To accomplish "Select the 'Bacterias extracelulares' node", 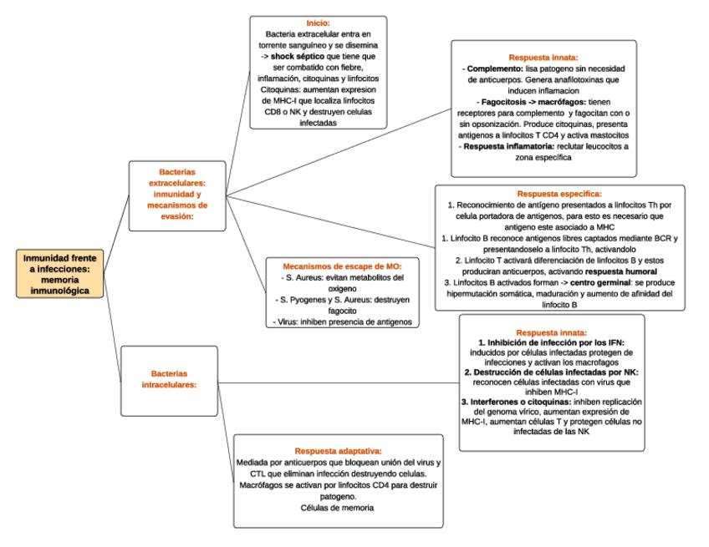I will click(177, 194).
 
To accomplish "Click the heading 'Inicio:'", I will click(318, 23).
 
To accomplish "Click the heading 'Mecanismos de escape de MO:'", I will click(343, 266).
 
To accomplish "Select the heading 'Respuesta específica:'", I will click(559, 194).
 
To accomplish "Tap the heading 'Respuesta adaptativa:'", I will click(339, 450).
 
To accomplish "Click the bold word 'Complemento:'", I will click(492, 68).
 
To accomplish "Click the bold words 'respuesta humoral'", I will click(620, 271).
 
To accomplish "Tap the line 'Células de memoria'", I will click(338, 508).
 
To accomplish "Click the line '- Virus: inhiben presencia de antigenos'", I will click(343, 321).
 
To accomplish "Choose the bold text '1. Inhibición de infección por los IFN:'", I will click(551, 342).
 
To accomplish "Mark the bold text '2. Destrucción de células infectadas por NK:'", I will click(551, 372).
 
